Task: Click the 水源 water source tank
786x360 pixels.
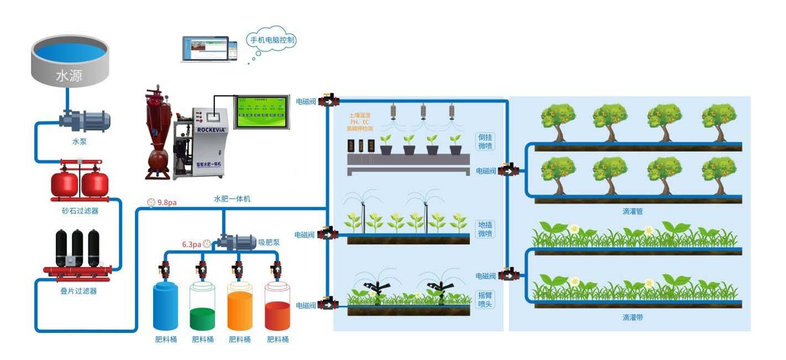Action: (69, 61)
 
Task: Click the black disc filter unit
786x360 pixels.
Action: (78, 252)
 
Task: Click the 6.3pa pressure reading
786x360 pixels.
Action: (191, 243)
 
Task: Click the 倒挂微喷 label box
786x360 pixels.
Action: (485, 142)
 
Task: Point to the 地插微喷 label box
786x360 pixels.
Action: (485, 229)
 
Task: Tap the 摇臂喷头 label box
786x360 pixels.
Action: (485, 299)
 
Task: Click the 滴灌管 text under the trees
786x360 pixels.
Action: (632, 211)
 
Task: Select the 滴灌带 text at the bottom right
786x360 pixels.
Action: (632, 317)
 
